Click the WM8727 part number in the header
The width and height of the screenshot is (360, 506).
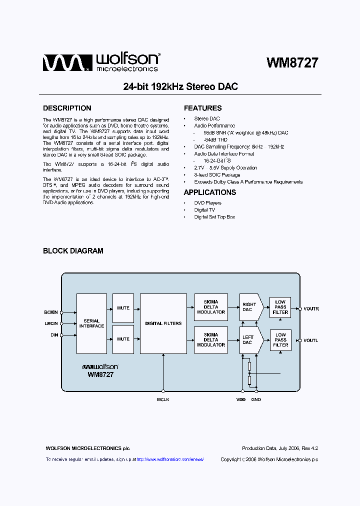[x=292, y=62]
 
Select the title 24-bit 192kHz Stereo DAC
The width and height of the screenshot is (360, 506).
[x=180, y=86]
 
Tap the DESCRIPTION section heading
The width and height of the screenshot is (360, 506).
[x=67, y=108]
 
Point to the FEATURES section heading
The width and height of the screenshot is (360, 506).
[x=202, y=108]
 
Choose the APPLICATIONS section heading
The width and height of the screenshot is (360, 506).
[x=209, y=192]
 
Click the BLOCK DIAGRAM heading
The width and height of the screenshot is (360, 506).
[x=73, y=251]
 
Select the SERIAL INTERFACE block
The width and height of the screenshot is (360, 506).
[x=91, y=323]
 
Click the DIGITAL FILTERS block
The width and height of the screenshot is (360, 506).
[x=163, y=323]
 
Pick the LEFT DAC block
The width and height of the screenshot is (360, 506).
[x=248, y=340]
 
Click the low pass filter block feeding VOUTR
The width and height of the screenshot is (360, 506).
[x=280, y=307]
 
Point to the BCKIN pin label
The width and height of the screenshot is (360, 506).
[x=51, y=312]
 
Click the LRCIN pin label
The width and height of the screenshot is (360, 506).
[x=51, y=323]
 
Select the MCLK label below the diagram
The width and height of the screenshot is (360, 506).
[x=163, y=399]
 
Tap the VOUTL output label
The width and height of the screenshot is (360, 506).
[x=310, y=340]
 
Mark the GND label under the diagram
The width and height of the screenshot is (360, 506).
[x=256, y=399]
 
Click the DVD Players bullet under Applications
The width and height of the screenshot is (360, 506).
[x=207, y=203]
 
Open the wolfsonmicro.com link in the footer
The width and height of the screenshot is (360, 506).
[x=170, y=459]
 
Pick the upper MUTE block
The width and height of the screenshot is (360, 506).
[x=123, y=308]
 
